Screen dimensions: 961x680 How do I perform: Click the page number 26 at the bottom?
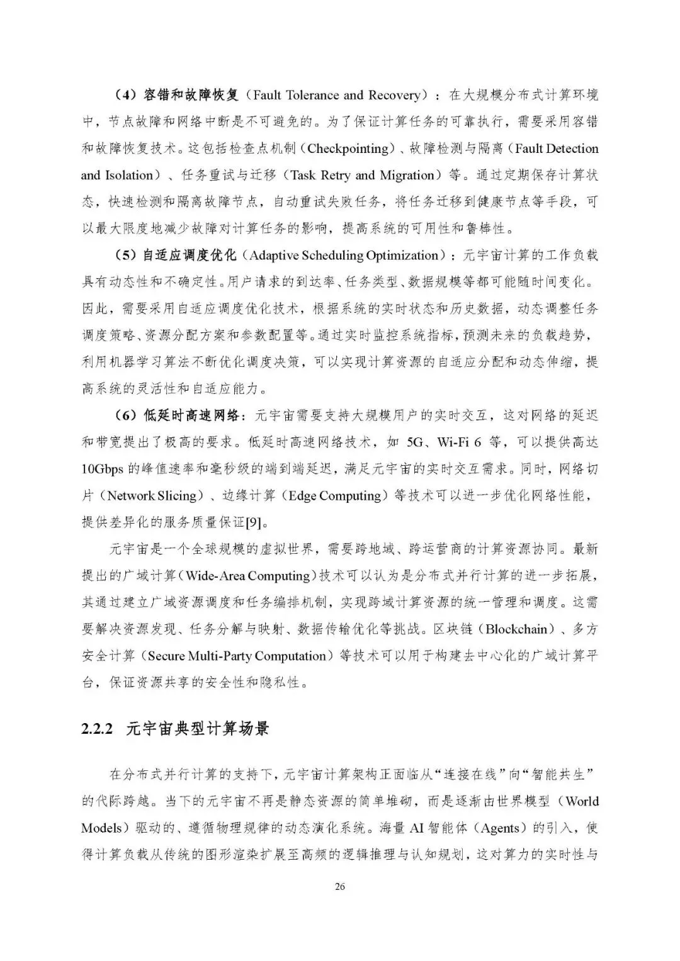point(340,887)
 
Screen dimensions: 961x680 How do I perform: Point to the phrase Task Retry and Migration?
point(366,175)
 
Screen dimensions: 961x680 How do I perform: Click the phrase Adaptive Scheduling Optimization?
point(343,255)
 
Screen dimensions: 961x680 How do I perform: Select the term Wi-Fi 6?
point(459,442)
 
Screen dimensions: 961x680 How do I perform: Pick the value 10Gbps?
point(105,469)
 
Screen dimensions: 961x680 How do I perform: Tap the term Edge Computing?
point(334,496)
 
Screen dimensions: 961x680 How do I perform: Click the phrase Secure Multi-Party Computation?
point(237,656)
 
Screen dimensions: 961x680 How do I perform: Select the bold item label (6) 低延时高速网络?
point(175,416)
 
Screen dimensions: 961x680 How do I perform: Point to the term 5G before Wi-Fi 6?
point(415,442)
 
